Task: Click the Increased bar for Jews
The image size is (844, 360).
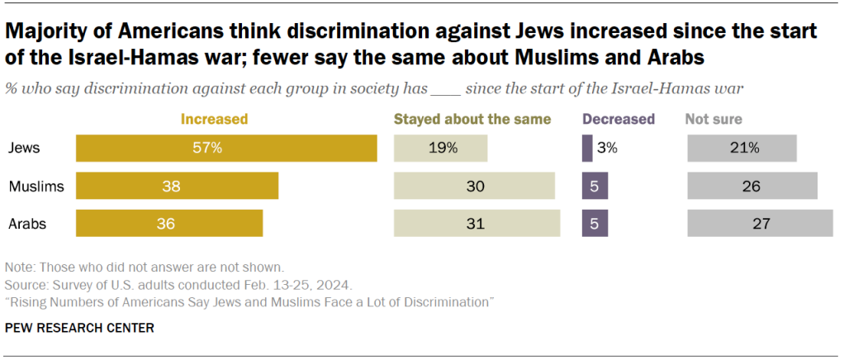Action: click(226, 149)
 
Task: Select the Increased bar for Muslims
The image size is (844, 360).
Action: click(177, 186)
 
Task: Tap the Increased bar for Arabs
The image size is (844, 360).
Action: click(169, 223)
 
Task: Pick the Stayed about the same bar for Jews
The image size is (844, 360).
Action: click(440, 149)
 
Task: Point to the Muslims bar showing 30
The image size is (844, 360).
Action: click(474, 186)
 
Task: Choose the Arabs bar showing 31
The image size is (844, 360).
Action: click(477, 223)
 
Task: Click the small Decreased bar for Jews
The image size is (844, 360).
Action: click(587, 149)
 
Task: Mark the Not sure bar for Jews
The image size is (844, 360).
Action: click(742, 149)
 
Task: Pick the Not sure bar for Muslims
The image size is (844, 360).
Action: click(752, 186)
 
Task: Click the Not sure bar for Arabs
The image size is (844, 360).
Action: click(760, 223)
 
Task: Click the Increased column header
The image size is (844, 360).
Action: click(215, 119)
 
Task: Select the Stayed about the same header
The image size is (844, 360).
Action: click(472, 119)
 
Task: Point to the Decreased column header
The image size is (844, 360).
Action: click(619, 119)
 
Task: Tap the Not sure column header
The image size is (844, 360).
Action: click(714, 119)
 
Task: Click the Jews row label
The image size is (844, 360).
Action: click(24, 149)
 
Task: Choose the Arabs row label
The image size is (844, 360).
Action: click(27, 223)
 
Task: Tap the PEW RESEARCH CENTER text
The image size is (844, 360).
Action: click(79, 329)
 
